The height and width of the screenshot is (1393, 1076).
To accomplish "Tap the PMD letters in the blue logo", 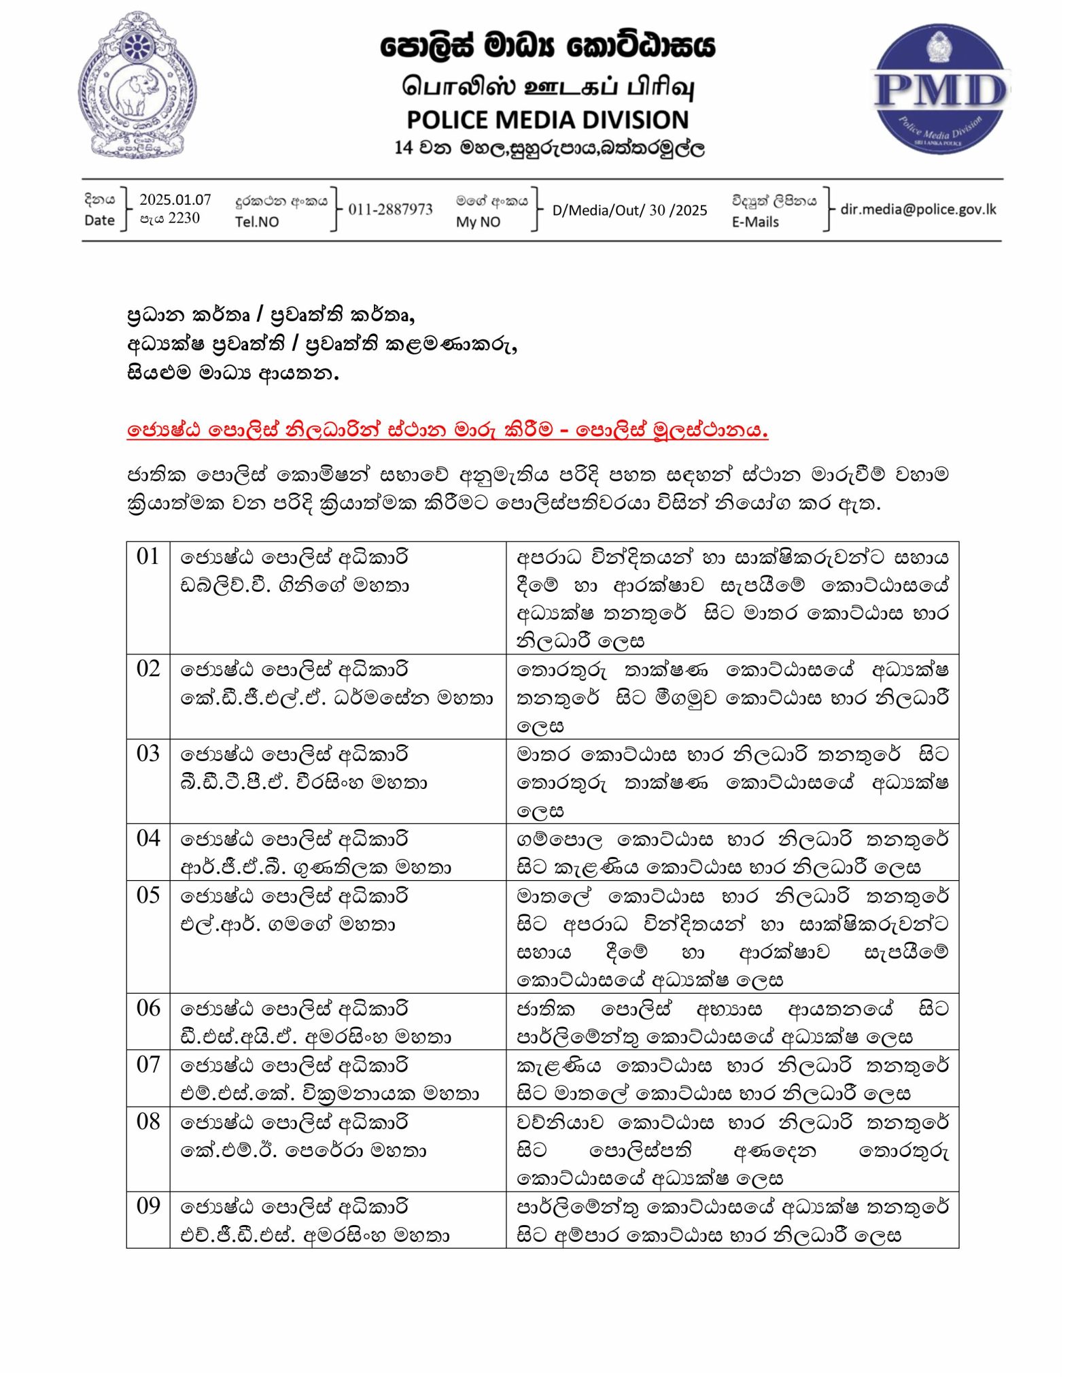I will [x=940, y=90].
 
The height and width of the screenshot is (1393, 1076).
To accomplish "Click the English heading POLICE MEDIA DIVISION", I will [x=547, y=120].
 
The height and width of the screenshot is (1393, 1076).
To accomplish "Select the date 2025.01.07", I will [x=175, y=199].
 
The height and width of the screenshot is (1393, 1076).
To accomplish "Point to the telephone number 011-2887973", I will [x=390, y=209].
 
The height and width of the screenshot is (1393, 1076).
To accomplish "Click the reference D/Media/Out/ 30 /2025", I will [x=629, y=210].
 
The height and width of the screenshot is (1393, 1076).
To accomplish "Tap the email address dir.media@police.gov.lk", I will [x=918, y=209].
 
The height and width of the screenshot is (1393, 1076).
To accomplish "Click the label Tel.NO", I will [x=257, y=222].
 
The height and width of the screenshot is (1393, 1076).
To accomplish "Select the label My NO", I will [x=478, y=222].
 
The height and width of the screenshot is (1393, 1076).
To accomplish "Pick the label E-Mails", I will [x=755, y=222].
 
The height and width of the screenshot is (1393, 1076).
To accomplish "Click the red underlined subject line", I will [x=447, y=430].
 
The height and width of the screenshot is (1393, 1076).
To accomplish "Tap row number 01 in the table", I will [x=147, y=556].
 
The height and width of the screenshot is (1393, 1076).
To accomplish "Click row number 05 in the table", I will [x=147, y=895].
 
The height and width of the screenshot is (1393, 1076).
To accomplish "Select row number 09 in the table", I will [x=147, y=1206].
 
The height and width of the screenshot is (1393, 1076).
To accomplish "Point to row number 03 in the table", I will [x=147, y=754].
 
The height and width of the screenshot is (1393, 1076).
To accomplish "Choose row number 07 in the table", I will [x=147, y=1064].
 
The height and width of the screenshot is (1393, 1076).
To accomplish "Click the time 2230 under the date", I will [x=184, y=218].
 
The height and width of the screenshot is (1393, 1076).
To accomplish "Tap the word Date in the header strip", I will [x=99, y=220].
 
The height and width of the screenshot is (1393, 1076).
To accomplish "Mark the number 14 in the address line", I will [x=403, y=148].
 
